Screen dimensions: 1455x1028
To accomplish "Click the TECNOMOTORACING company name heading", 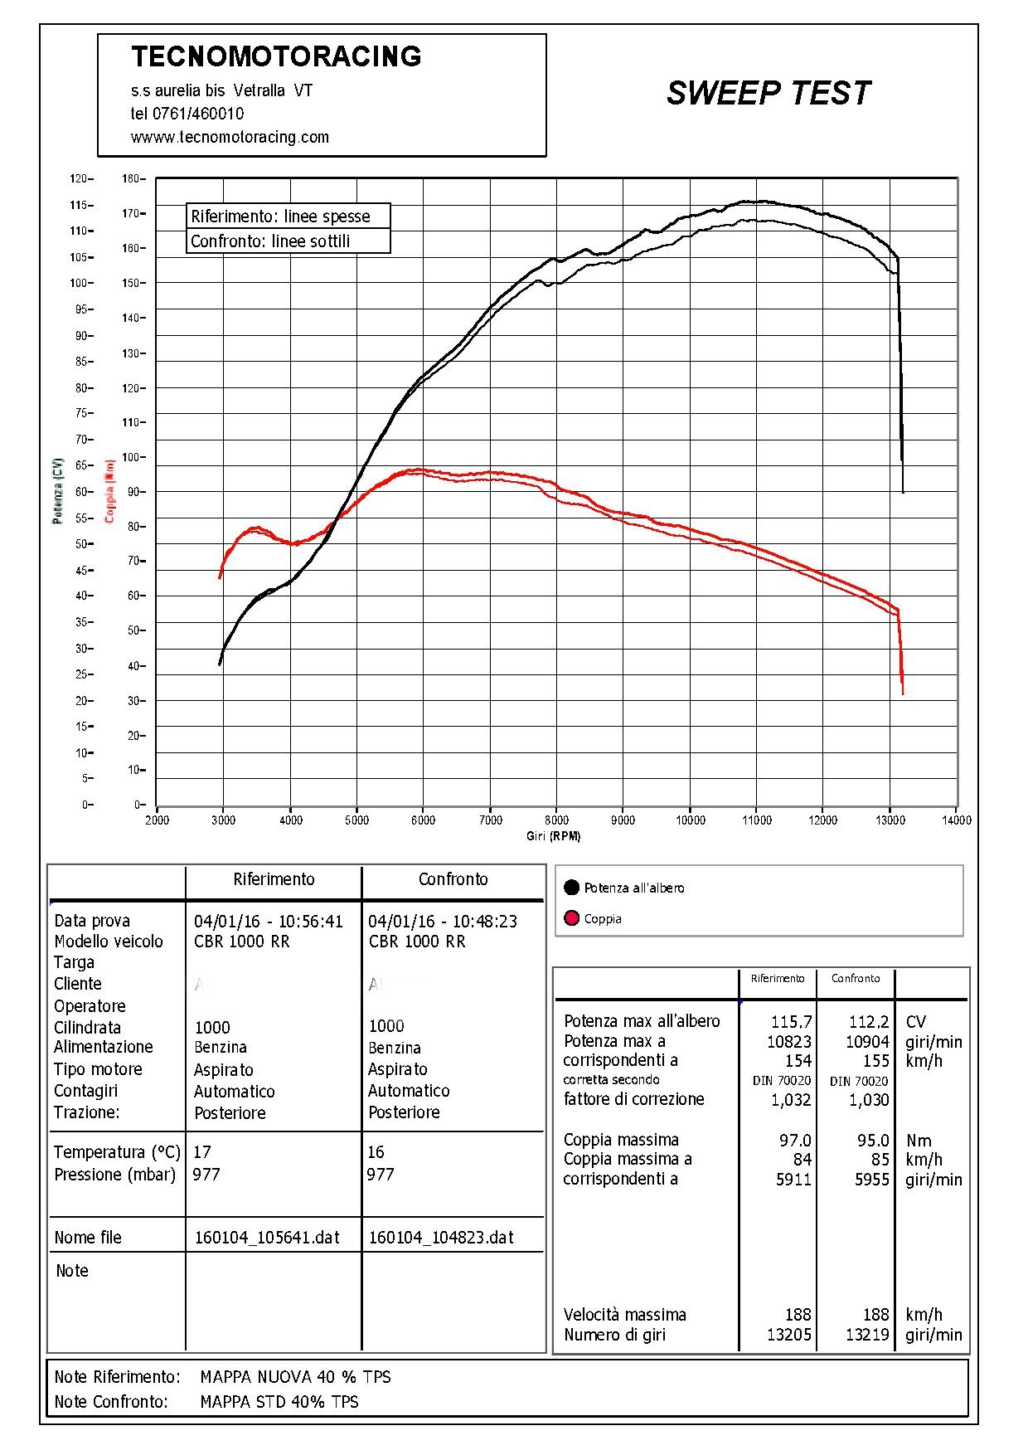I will (276, 56).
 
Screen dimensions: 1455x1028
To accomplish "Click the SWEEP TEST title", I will (768, 93).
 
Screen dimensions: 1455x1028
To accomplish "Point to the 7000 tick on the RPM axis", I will (490, 820).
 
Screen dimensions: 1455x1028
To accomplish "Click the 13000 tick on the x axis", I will (890, 820).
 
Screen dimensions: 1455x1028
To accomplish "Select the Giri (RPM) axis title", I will (553, 836).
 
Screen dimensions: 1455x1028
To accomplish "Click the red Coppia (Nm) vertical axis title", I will (109, 491).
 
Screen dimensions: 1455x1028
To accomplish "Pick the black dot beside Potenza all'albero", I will (571, 888).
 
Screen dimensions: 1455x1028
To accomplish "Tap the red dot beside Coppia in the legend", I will (571, 918).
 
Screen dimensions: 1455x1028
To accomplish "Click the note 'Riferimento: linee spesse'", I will (280, 217).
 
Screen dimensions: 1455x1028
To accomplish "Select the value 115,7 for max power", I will (791, 1022).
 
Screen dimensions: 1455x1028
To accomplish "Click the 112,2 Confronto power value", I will (868, 1022).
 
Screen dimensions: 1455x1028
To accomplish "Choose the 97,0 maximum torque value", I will (795, 1141).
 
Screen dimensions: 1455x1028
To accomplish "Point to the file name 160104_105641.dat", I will (267, 1238).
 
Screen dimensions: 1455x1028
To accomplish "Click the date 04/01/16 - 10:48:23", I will (442, 921).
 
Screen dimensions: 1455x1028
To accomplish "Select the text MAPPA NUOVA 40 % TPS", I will (295, 1377).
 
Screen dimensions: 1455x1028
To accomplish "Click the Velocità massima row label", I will (624, 1315).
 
